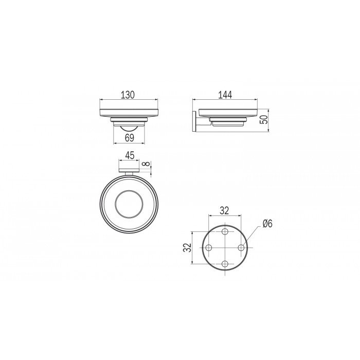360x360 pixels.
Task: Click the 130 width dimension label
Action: point(128,95)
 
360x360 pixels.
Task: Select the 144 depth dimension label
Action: point(225,95)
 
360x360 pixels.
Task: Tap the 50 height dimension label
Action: point(265,120)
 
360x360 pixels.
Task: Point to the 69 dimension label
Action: point(130,138)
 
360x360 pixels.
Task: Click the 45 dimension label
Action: point(130,155)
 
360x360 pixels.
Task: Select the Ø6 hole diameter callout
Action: point(267,223)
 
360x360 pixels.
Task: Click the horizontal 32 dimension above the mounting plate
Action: point(225,210)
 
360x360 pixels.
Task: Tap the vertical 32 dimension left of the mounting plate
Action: point(188,247)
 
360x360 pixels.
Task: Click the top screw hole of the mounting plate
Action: point(225,231)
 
